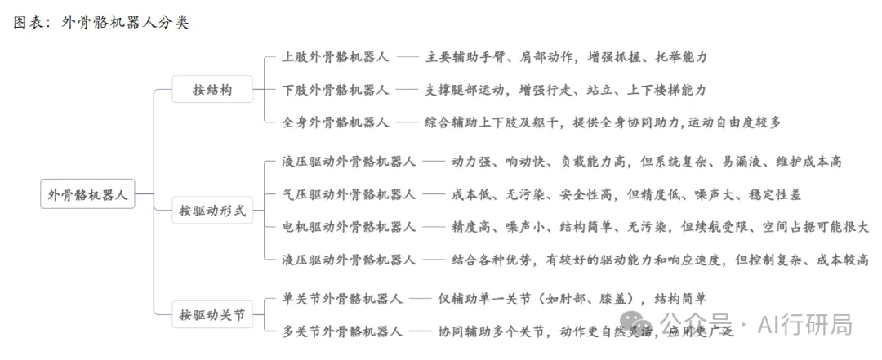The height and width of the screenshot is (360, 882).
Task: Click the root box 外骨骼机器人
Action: [87, 194]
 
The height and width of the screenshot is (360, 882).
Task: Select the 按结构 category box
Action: [212, 89]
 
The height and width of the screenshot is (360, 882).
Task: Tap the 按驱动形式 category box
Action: [212, 211]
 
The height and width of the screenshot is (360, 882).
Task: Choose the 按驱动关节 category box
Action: [212, 314]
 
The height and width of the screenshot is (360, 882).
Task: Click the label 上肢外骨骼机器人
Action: [336, 57]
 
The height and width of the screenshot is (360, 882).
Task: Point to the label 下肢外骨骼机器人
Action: [336, 90]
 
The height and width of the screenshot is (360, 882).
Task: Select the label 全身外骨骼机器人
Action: [336, 122]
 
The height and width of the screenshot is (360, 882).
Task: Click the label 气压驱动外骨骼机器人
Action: [350, 194]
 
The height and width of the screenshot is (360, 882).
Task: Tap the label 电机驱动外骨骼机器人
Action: [350, 227]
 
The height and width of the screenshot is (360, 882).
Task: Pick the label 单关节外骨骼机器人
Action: [342, 299]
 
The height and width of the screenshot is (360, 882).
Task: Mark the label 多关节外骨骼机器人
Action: [342, 331]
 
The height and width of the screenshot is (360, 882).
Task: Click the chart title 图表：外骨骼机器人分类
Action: [102, 23]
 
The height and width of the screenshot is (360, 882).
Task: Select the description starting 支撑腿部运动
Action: [566, 90]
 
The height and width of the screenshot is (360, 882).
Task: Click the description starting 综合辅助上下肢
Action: [603, 122]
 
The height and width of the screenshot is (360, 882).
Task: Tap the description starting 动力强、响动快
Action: [647, 162]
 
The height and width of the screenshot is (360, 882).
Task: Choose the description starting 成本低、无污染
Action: [626, 194]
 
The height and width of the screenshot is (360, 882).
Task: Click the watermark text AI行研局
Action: [805, 325]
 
